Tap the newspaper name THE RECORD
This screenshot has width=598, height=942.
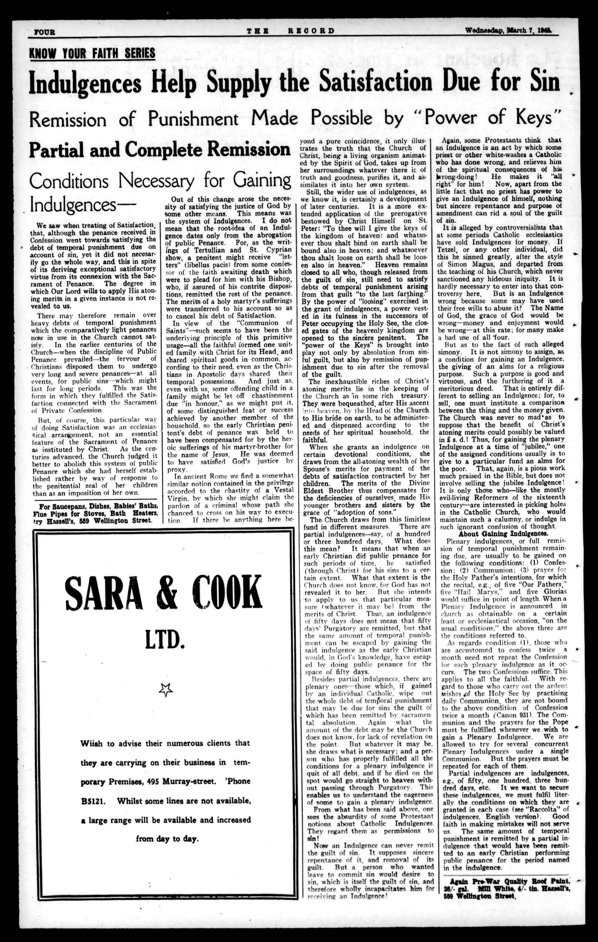[x=290, y=31]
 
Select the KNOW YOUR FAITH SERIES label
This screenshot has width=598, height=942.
[x=92, y=53]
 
